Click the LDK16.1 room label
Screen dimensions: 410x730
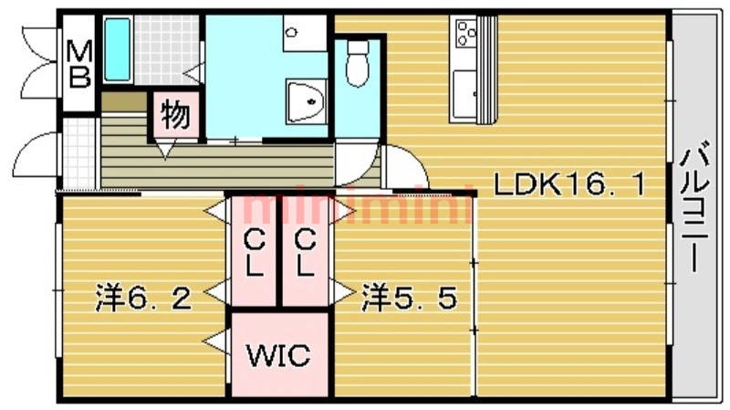click(x=569, y=185)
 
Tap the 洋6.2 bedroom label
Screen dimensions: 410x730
click(x=144, y=299)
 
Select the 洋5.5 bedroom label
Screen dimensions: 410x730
click(x=408, y=299)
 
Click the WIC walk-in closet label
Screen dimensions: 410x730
click(x=278, y=354)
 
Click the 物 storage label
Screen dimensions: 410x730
click(x=175, y=116)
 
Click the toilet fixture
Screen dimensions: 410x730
click(x=357, y=65)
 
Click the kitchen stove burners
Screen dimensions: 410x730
click(x=465, y=34)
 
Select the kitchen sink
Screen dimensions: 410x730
click(x=465, y=93)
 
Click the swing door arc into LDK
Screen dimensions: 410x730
click(x=406, y=168)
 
